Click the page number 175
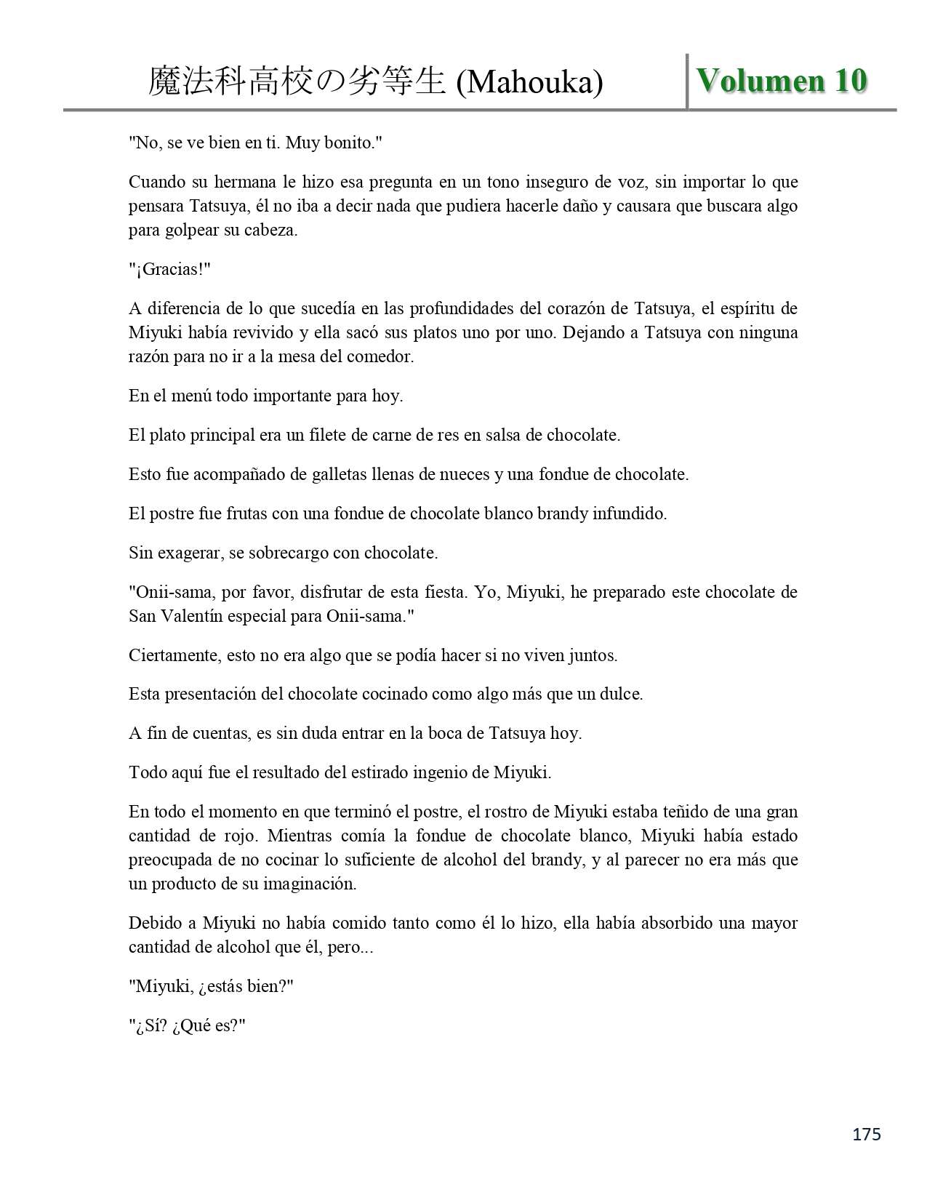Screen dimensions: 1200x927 (x=867, y=1134)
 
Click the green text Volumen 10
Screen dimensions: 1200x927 (x=782, y=81)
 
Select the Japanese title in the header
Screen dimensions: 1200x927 (x=297, y=81)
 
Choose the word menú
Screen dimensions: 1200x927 (x=192, y=396)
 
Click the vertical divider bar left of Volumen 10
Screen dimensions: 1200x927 (x=687, y=81)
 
